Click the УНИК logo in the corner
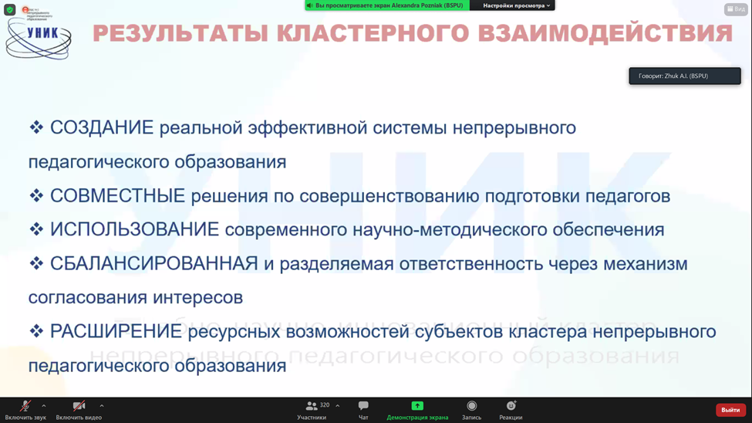39,35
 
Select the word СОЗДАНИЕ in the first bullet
102,128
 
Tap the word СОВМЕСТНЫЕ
117,196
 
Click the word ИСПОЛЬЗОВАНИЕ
134,230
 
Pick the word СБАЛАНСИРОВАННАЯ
153,264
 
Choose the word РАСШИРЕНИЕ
116,332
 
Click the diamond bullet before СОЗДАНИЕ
36,127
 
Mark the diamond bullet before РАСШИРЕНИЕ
36,331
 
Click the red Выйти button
730,410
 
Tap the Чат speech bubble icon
363,406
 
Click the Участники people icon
312,406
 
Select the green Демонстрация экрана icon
417,406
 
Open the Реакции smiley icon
511,406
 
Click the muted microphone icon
25,406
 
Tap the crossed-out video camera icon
79,406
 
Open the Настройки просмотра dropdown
516,5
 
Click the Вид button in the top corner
736,9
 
